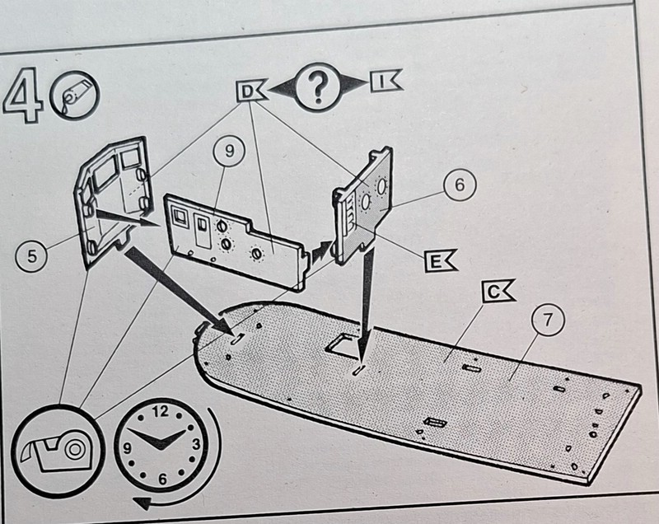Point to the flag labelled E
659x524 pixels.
pos(438,262)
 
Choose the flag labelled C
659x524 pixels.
pos(495,291)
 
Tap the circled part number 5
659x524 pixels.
pos(31,255)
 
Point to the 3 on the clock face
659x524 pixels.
pos(196,445)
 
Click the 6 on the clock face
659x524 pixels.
pos(162,479)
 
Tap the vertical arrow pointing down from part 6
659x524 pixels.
pos(364,297)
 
